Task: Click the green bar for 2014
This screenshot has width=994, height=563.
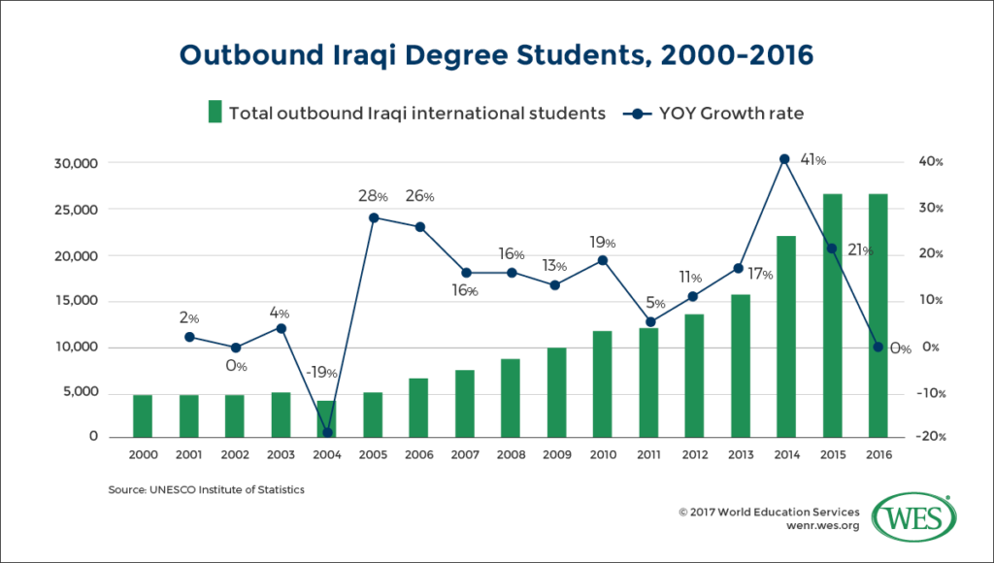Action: coord(785,336)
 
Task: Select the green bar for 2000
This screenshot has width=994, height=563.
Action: coord(142,415)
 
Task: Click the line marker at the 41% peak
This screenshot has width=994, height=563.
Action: coord(785,158)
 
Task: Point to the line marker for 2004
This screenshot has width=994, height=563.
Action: coord(326,432)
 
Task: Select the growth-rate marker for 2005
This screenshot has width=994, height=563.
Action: coord(373,217)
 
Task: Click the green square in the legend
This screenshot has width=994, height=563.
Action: coord(215,113)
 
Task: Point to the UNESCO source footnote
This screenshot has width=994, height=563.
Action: coord(206,490)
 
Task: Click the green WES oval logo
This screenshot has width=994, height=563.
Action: coord(911,516)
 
